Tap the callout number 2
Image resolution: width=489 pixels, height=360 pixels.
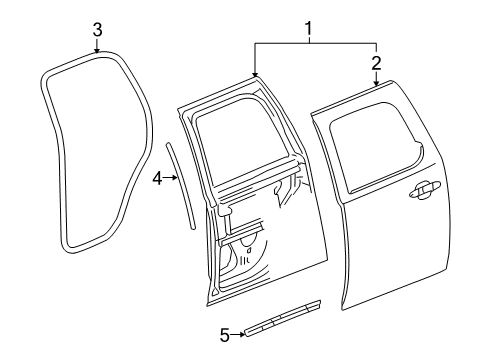click(x=376, y=63)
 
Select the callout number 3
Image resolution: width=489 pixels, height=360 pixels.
click(x=97, y=29)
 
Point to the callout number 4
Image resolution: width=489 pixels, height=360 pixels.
click(x=157, y=178)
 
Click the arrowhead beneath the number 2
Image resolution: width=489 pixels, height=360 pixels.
click(x=377, y=88)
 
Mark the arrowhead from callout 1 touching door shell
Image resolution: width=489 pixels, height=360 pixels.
click(x=255, y=76)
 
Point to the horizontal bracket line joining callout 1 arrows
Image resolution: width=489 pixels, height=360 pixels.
click(x=315, y=44)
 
